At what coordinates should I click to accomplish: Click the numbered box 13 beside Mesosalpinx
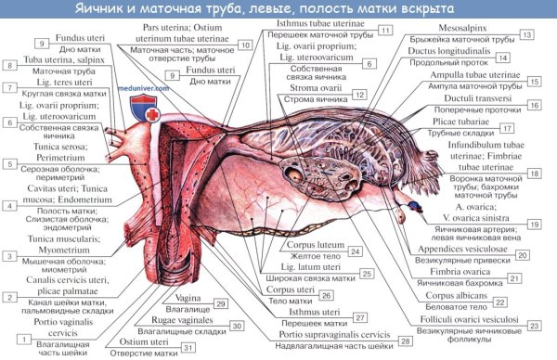point(526,34)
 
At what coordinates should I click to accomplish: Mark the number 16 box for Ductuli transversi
point(534,106)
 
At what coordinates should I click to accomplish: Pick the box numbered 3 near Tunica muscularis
point(8,256)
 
